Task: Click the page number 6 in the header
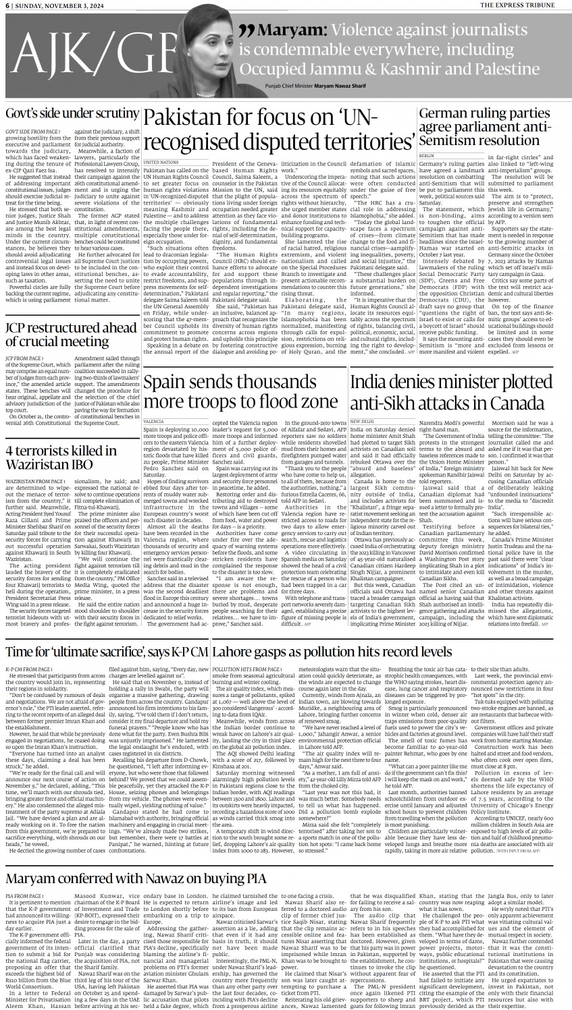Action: click(8, 5)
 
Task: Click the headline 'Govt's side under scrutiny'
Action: click(72, 113)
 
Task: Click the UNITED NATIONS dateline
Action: click(161, 163)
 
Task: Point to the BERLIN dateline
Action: click(426, 155)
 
